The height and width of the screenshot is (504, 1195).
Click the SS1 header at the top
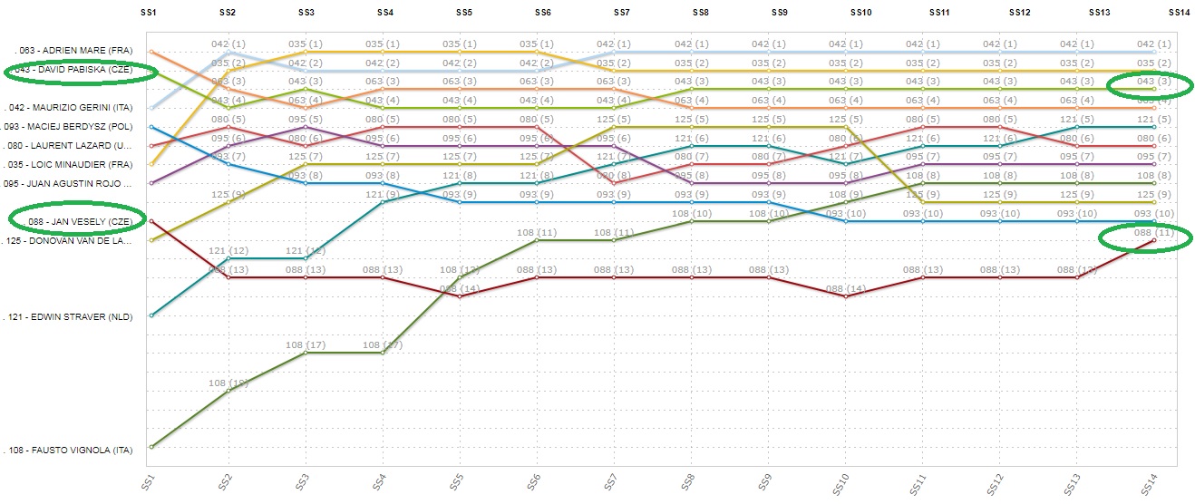[150, 12]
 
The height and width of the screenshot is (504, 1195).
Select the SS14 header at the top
[1179, 12]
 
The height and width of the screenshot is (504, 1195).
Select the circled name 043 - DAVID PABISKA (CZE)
[82, 70]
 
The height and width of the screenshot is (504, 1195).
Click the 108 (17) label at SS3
[306, 345]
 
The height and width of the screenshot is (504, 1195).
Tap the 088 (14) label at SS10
[846, 288]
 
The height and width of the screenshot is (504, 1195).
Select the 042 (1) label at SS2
[228, 44]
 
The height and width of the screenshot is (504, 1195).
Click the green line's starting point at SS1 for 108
[151, 447]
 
